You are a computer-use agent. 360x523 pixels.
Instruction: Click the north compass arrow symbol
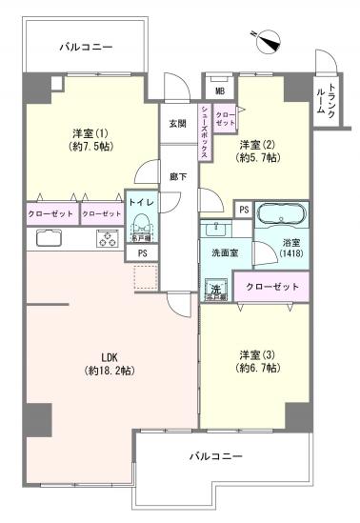click(269, 40)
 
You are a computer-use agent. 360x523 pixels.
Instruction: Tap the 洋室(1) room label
click(85, 139)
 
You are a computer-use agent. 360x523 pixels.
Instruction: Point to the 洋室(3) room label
click(254, 363)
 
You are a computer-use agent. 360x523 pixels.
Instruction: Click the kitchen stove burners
click(106, 239)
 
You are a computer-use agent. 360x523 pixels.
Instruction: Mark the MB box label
click(220, 91)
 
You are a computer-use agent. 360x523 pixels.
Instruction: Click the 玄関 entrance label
click(178, 123)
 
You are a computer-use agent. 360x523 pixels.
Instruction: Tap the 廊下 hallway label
click(178, 177)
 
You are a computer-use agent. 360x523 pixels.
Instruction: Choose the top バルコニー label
click(86, 46)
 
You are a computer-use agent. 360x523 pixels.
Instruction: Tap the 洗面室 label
click(218, 253)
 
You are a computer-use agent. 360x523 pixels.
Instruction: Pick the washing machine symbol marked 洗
click(216, 289)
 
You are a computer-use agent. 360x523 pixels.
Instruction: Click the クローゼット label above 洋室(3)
click(272, 287)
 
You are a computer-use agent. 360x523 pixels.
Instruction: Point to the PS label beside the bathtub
click(244, 210)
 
